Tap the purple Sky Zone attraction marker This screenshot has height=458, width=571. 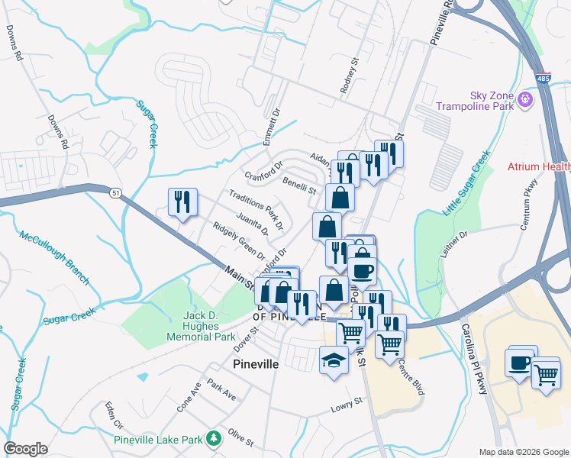coord(524,99)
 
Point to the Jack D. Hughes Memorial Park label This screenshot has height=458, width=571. coord(209,326)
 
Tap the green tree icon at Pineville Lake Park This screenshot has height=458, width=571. coord(216,437)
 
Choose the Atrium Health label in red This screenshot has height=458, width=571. coord(539,166)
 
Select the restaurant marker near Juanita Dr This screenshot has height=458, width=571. coord(182,203)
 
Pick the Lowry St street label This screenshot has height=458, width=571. coord(345,409)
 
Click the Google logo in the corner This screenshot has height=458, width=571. coord(25,449)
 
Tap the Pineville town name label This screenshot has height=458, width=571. coord(255,364)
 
